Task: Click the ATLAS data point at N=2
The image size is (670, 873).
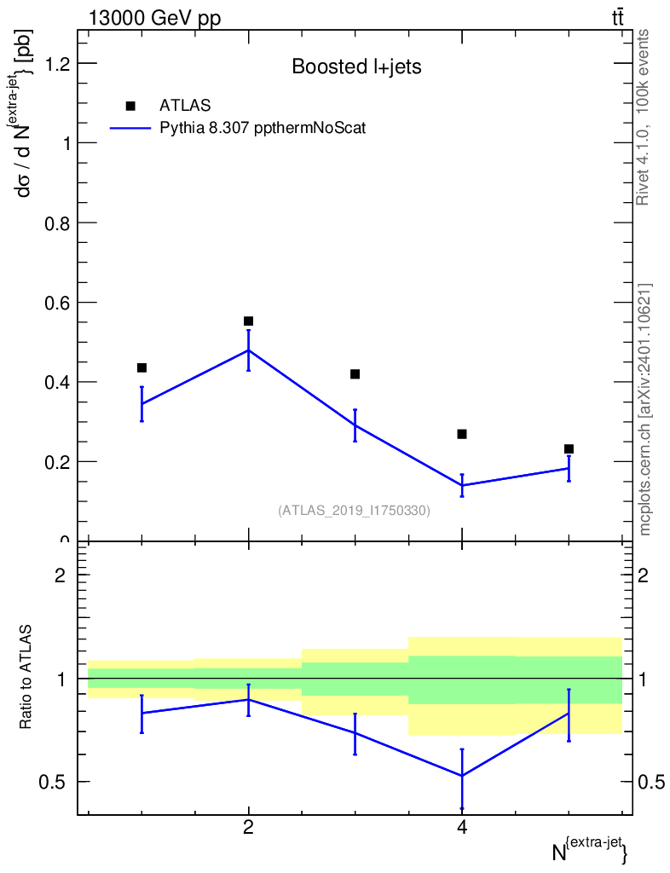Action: tap(248, 321)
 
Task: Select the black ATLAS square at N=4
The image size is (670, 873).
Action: tap(462, 434)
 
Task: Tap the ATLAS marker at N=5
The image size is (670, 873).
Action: tap(569, 448)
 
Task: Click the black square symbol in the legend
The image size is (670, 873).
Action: tap(130, 106)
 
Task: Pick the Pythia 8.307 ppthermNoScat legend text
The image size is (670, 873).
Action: tap(263, 128)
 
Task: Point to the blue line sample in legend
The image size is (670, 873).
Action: tap(130, 129)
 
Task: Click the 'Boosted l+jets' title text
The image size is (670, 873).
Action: tap(356, 66)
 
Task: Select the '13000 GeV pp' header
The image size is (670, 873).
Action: tap(154, 18)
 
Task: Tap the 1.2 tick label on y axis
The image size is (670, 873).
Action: tap(57, 63)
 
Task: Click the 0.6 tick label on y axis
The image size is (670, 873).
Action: tap(57, 303)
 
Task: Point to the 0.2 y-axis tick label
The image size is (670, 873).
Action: tap(57, 462)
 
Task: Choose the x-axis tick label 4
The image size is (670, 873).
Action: tap(462, 828)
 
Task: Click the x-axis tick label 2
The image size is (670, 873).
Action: tap(248, 828)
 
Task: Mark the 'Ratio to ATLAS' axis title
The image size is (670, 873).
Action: tap(25, 677)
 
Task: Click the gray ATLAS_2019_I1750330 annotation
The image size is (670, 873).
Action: tap(354, 510)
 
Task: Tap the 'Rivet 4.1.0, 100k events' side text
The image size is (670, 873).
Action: tap(643, 118)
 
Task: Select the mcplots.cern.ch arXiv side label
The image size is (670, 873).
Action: tap(644, 410)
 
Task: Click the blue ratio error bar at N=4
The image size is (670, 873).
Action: tap(462, 779)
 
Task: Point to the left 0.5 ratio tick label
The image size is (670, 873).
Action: tap(52, 783)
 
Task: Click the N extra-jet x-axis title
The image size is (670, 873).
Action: tap(590, 849)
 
